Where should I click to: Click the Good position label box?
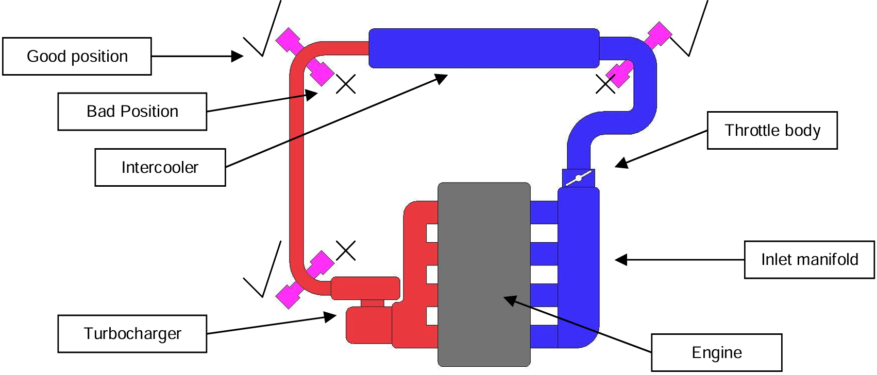point(77,56)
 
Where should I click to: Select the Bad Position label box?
point(132,111)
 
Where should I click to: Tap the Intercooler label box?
point(160,167)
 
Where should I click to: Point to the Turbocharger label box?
point(132,333)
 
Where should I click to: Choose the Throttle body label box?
point(772,130)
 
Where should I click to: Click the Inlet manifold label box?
point(809,259)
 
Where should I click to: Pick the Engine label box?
point(716,352)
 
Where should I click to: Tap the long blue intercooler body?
point(483,48)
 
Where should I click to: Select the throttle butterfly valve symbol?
point(578,178)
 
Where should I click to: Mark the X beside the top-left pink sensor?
point(346,84)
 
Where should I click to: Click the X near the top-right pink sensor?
point(605,84)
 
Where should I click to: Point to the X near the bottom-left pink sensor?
point(346,251)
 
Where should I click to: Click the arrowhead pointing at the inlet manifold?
point(621,260)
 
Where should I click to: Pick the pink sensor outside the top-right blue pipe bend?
point(659,35)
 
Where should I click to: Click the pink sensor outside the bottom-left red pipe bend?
point(289,295)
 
